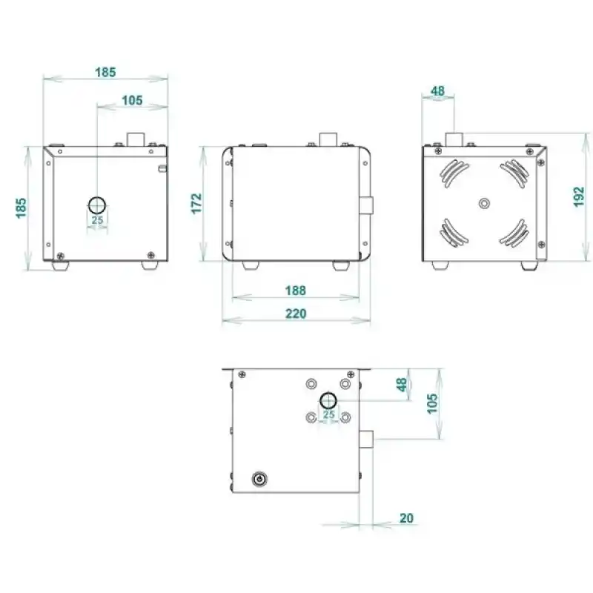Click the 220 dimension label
point(296,314)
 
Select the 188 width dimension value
point(296,291)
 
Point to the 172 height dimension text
point(196,204)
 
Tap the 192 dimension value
point(580,196)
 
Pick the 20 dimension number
point(406,517)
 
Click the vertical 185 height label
point(21,208)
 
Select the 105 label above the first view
point(132,100)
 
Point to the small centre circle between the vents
point(485,203)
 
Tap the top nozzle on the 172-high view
point(328,139)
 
